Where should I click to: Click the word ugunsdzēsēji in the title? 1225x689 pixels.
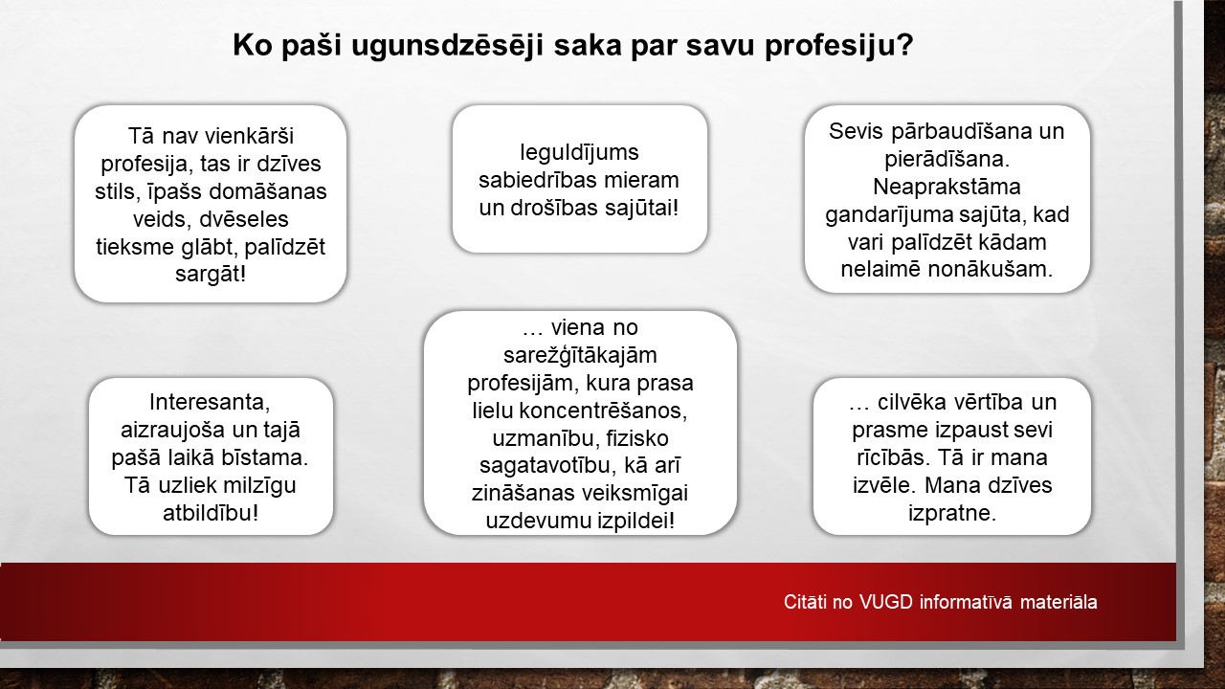[447, 46]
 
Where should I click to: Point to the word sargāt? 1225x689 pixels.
[211, 275]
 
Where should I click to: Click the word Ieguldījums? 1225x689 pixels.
[579, 153]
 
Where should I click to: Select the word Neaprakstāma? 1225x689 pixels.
[947, 187]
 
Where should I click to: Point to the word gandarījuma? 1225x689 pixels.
[891, 215]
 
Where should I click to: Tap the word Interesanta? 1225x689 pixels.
[210, 403]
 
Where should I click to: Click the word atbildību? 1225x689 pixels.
[211, 513]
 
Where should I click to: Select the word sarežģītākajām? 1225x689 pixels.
[580, 356]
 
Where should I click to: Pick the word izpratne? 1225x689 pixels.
[952, 513]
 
